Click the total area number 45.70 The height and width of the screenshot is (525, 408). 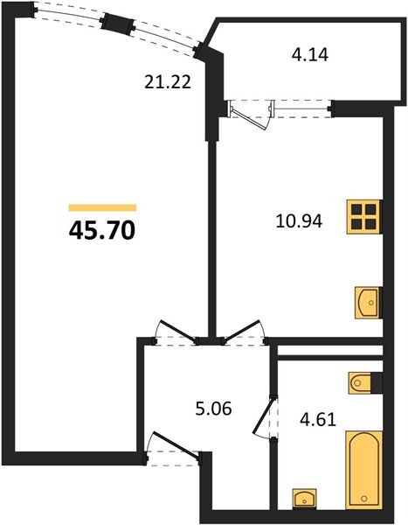(100, 230)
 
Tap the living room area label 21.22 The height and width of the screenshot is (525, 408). (167, 83)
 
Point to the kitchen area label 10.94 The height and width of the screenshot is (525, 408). (299, 221)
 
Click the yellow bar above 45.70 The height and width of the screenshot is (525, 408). (101, 207)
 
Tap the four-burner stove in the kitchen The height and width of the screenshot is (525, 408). (364, 216)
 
